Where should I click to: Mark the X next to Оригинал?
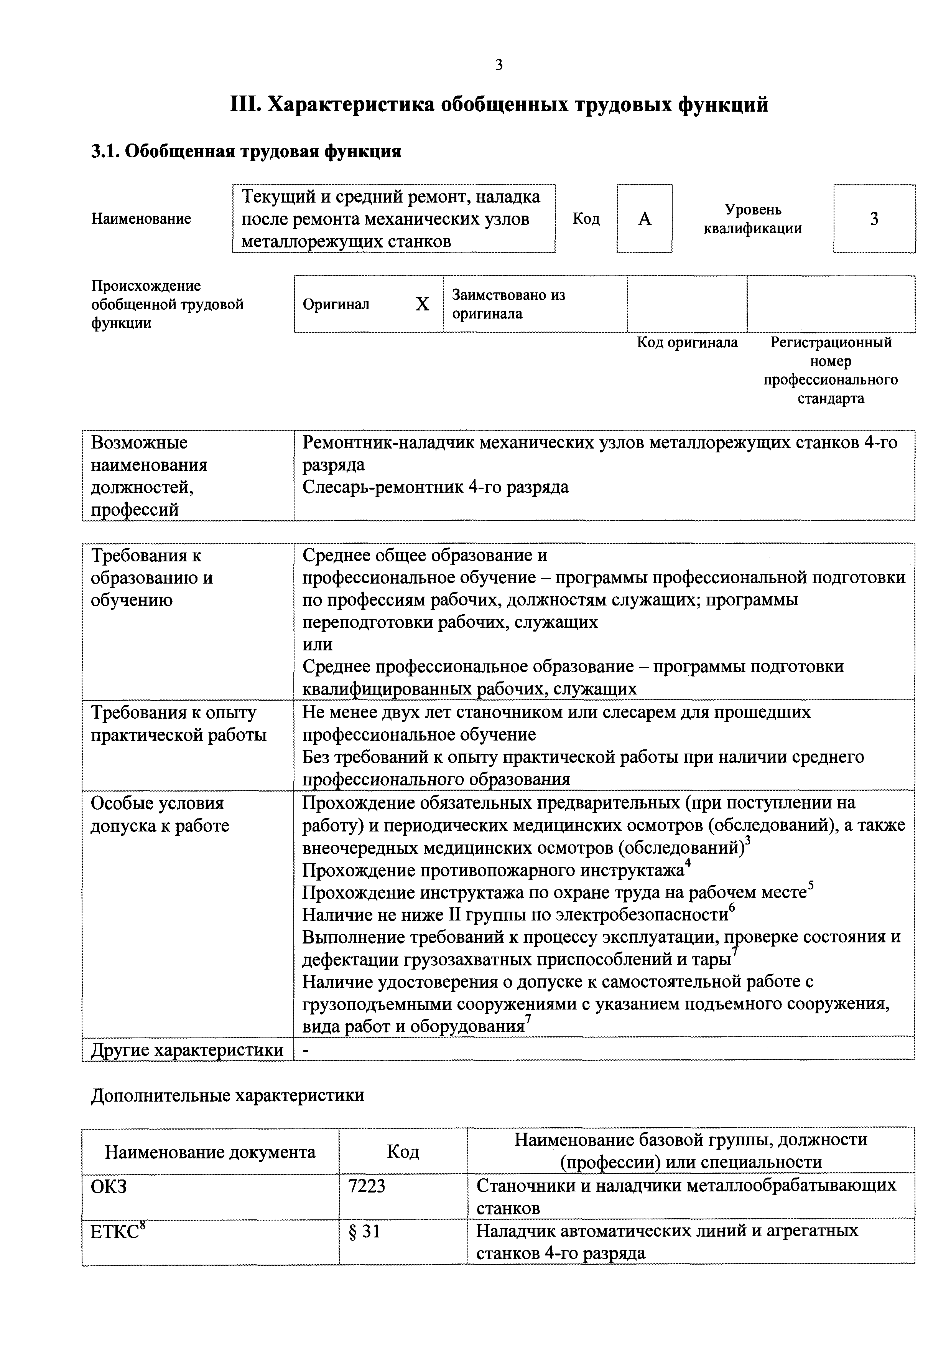point(422,304)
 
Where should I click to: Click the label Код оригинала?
point(687,342)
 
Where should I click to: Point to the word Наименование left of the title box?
point(141,219)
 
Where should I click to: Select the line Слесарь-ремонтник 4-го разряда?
point(435,487)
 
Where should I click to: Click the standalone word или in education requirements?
point(317,644)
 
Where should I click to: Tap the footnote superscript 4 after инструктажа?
point(688,863)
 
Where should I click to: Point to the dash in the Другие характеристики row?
point(305,1051)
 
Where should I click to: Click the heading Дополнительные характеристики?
point(227,1095)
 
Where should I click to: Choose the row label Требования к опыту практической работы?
point(178,723)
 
